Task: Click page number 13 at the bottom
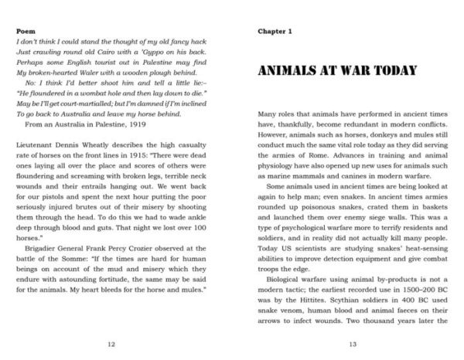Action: click(x=352, y=344)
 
